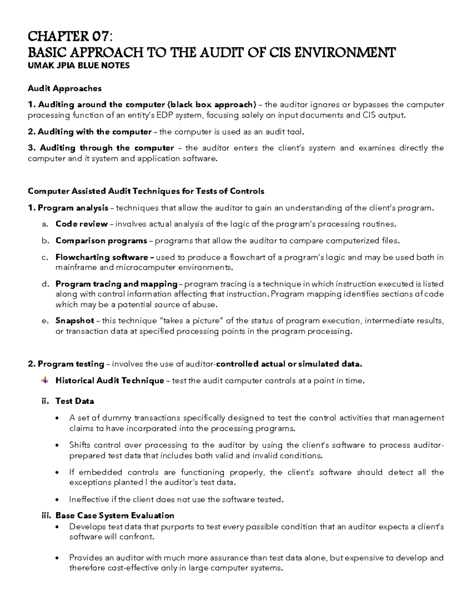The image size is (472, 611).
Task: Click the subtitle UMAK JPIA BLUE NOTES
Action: [78, 66]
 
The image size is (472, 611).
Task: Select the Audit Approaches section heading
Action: [65, 89]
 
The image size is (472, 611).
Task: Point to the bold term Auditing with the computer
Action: [94, 132]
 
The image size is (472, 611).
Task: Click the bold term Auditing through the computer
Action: [107, 148]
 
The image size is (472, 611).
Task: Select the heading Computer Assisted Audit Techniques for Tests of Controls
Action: [146, 191]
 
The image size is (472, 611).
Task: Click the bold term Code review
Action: [81, 224]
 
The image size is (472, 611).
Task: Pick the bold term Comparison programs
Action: [101, 240]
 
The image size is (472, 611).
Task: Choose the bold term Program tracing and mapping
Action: [116, 284]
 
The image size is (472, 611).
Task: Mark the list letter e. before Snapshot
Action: [44, 321]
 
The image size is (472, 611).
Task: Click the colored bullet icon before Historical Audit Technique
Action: [45, 380]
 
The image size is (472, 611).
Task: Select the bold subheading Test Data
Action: [75, 401]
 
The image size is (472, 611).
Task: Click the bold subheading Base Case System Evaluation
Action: [115, 515]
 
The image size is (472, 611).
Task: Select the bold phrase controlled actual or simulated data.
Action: [289, 364]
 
